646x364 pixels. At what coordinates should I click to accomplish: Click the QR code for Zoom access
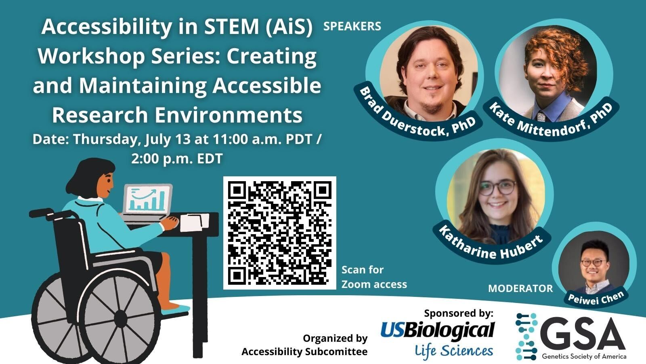pyautogui.click(x=279, y=233)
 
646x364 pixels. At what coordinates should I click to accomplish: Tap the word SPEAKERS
pyautogui.click(x=352, y=26)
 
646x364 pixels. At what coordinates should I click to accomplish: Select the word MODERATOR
pyautogui.click(x=520, y=288)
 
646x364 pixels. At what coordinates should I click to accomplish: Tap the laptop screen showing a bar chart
pyautogui.click(x=148, y=199)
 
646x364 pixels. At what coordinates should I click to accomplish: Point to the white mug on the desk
pyautogui.click(x=194, y=222)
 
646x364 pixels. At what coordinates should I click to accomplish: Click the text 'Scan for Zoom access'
pyautogui.click(x=374, y=277)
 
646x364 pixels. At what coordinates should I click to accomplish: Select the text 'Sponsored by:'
pyautogui.click(x=459, y=313)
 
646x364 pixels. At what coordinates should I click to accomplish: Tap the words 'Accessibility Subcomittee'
pyautogui.click(x=304, y=351)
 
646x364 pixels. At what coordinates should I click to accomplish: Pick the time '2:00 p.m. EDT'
pyautogui.click(x=177, y=158)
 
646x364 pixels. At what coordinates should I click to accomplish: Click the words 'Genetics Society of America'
pyautogui.click(x=584, y=356)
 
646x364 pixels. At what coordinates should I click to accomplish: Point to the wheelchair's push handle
pyautogui.click(x=41, y=212)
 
